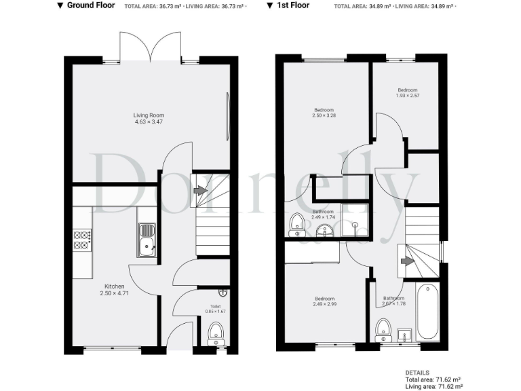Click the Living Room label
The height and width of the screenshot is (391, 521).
pyautogui.click(x=149, y=115)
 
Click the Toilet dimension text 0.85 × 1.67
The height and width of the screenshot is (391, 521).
pyautogui.click(x=215, y=312)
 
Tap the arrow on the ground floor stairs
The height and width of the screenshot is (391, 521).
pyautogui.click(x=199, y=191)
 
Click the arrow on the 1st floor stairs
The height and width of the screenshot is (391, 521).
pyautogui.click(x=408, y=260)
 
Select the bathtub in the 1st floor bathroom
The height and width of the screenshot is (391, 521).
pyautogui.click(x=428, y=313)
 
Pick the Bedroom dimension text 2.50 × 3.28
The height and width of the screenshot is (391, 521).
pyautogui.click(x=324, y=116)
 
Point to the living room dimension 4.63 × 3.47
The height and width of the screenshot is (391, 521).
pyautogui.click(x=149, y=122)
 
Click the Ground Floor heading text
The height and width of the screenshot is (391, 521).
pyautogui.click(x=90, y=5)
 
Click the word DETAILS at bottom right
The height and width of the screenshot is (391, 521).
pyautogui.click(x=417, y=373)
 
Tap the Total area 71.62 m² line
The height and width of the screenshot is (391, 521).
pyautogui.click(x=433, y=379)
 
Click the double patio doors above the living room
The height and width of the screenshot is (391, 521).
pyautogui.click(x=151, y=47)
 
